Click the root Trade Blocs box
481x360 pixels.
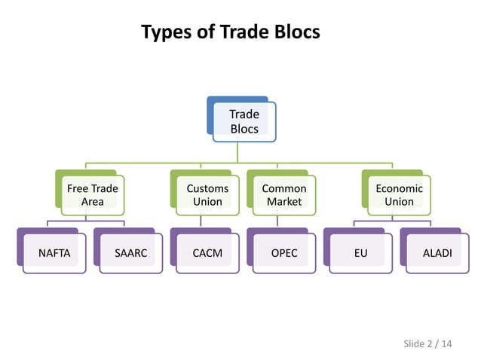244,121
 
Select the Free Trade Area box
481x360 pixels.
93,195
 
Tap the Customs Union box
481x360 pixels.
207,195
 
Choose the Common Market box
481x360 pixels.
284,195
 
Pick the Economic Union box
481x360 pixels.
399,195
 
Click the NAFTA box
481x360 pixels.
54,253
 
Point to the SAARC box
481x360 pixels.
130,253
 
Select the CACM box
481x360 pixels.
207,253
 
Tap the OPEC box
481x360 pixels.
284,253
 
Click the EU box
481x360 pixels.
360,253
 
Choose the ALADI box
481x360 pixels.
437,253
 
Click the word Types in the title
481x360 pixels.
168,32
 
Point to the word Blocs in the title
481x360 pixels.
295,32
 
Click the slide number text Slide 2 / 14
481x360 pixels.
427,344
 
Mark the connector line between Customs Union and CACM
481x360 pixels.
201,221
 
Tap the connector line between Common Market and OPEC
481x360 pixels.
277,221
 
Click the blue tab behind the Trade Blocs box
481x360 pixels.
219,101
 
